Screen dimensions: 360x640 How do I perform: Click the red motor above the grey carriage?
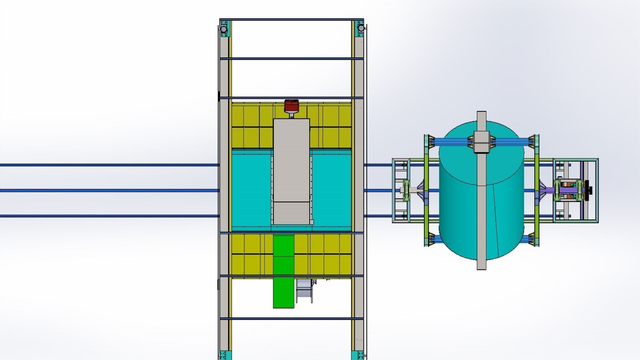tap(291, 106)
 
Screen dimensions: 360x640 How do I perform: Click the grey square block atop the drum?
tap(481, 142)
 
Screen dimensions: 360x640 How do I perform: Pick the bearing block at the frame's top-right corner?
tap(360, 28)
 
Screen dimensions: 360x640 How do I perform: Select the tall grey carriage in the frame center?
tap(291, 167)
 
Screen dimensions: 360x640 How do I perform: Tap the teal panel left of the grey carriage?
tap(251, 190)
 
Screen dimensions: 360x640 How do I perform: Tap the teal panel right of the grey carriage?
tap(331, 190)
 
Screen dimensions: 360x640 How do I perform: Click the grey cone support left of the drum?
tap(421, 191)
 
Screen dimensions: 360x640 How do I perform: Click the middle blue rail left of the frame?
tap(107, 190)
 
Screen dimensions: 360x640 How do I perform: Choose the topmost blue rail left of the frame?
tap(107, 165)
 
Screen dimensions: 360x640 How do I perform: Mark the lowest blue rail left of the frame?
tap(107, 216)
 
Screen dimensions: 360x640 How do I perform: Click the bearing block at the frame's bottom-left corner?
tap(223, 355)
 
